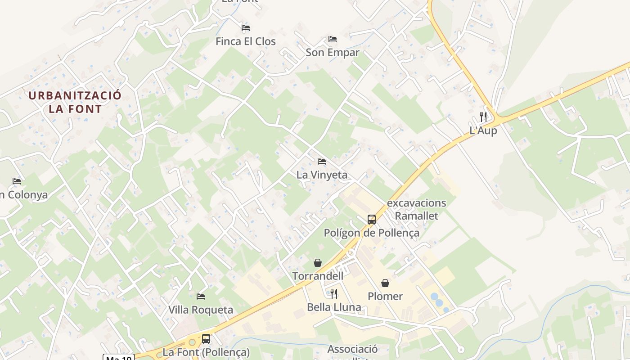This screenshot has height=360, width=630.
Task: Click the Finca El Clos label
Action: point(245,41)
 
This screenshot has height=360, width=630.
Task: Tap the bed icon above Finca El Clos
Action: point(246,28)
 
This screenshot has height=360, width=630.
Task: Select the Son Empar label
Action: point(333,53)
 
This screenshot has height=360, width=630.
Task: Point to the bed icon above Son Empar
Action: point(333,39)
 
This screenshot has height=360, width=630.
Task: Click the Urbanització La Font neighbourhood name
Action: point(75,102)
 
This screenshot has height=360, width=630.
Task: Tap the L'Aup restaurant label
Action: point(483,131)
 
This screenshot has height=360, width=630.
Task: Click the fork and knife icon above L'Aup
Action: point(483,117)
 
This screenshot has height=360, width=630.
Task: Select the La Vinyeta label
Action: point(322,175)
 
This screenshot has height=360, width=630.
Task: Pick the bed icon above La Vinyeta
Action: point(322,161)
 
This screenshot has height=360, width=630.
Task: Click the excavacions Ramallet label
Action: point(416,209)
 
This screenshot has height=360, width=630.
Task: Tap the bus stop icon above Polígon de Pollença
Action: point(372,220)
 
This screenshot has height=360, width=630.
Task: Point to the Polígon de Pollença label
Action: point(372,233)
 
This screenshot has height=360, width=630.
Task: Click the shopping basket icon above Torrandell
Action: point(318,263)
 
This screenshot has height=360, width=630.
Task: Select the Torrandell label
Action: point(318,276)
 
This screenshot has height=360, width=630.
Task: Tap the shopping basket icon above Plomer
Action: point(385,283)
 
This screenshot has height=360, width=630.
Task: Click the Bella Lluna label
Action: point(334,307)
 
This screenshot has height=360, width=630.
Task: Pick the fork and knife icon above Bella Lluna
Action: point(334,294)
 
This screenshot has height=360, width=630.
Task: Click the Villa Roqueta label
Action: point(201,310)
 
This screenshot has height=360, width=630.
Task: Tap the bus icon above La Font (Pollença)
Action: point(206,339)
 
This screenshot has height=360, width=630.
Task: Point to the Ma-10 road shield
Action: point(119,358)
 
